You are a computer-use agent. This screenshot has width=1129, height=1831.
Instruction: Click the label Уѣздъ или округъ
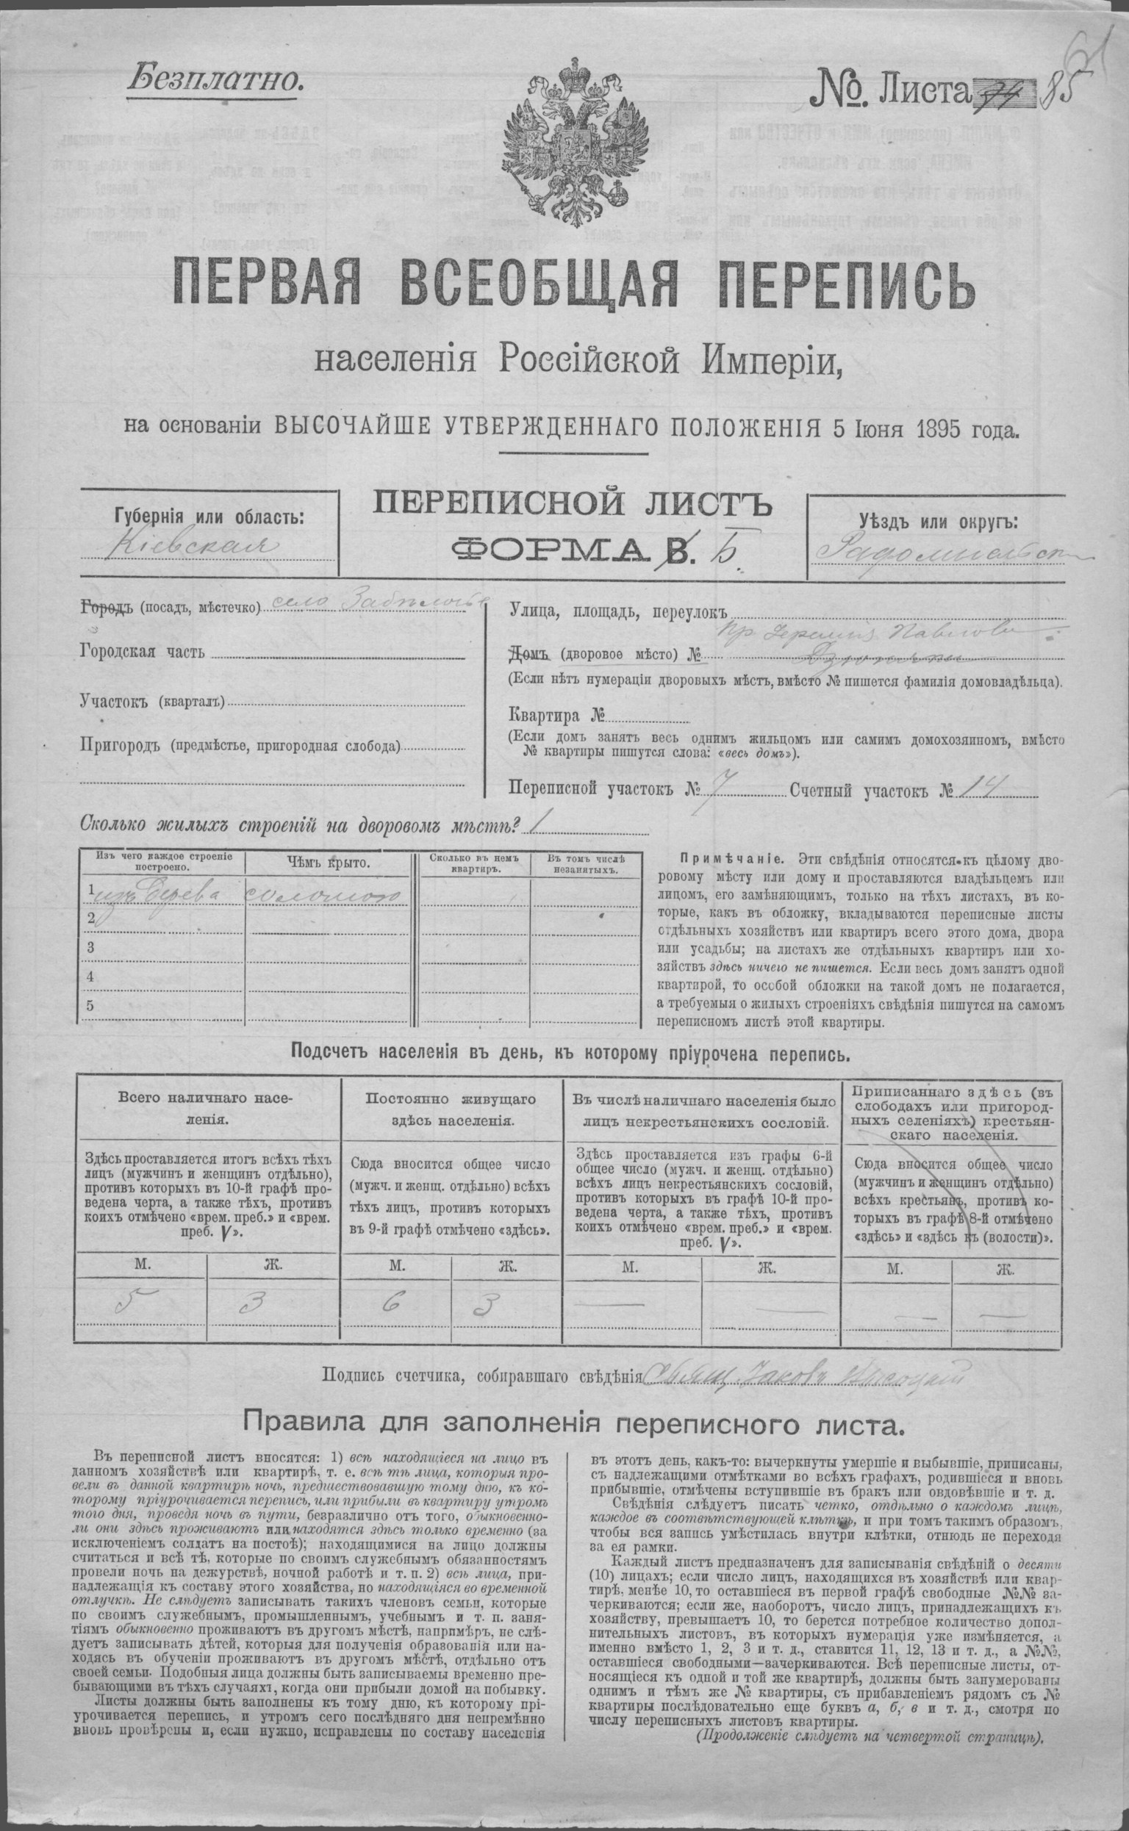[x=937, y=522]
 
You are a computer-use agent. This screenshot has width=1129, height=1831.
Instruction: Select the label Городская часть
[x=141, y=652]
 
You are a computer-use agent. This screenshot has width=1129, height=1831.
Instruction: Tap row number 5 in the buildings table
[x=91, y=1005]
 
